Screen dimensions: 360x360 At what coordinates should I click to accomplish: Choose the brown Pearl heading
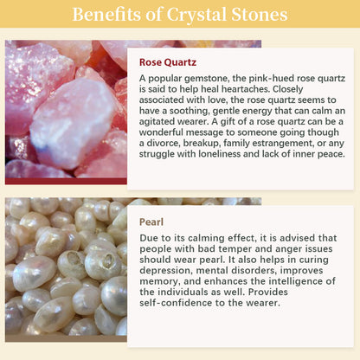[x=151, y=222]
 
